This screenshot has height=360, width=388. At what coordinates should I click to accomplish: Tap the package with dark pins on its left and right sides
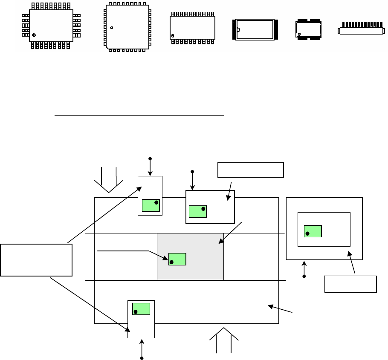(x=255, y=30)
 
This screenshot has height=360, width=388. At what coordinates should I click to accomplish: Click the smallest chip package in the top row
(x=308, y=30)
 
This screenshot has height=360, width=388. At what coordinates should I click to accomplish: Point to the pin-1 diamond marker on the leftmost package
(x=34, y=35)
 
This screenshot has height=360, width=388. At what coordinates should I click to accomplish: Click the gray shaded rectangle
(x=190, y=256)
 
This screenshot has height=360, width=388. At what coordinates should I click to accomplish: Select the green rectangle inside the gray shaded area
(x=177, y=259)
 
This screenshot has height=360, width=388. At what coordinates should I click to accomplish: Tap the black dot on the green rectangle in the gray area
(x=171, y=262)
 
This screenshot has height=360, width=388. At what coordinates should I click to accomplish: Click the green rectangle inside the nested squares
(x=313, y=231)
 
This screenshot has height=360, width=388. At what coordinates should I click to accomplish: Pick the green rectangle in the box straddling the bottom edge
(x=141, y=309)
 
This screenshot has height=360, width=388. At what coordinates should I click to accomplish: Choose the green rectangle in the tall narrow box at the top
(x=151, y=205)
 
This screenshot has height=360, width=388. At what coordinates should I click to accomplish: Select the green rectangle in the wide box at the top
(x=197, y=211)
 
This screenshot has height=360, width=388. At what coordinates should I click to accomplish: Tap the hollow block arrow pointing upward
(x=224, y=339)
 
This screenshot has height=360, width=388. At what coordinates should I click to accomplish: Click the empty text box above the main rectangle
(x=251, y=170)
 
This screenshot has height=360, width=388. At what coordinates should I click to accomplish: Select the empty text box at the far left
(x=36, y=259)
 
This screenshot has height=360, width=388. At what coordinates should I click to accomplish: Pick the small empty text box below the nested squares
(x=350, y=284)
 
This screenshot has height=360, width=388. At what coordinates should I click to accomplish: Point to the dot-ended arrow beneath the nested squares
(x=304, y=269)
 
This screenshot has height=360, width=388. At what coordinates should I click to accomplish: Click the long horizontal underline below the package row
(x=139, y=115)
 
